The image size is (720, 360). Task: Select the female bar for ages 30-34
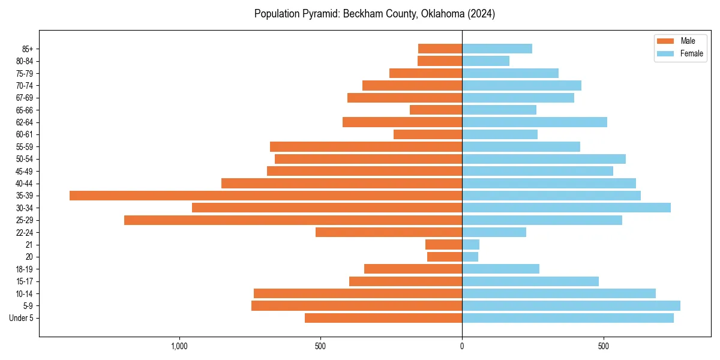[x=566, y=208]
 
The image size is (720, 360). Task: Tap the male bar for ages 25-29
[x=293, y=220]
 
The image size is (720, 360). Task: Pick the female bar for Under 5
[x=568, y=318]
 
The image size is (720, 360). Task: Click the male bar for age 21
[x=443, y=245]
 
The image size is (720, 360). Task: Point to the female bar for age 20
[x=470, y=257]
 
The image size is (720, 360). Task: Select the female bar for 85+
[x=497, y=49]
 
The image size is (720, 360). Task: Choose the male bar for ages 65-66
[x=436, y=110]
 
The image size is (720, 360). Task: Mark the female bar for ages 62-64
[x=534, y=122]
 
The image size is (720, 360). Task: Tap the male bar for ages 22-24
[x=389, y=232]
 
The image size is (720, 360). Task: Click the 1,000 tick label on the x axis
[x=179, y=346]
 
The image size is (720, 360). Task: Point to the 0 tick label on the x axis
[x=462, y=346]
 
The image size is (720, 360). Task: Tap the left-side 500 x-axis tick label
[x=320, y=346]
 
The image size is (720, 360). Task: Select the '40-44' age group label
[x=24, y=184]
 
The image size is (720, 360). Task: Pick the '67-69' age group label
[x=24, y=98]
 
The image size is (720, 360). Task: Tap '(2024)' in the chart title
[x=483, y=14]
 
